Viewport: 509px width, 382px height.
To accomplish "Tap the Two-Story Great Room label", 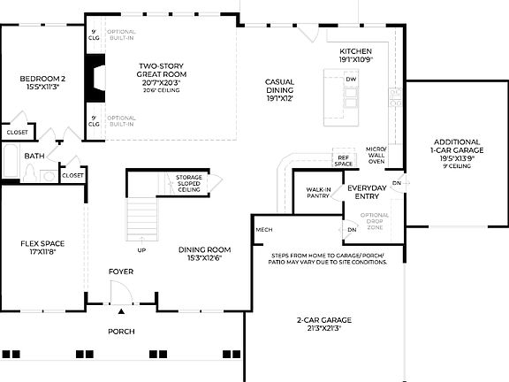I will tap(160, 74).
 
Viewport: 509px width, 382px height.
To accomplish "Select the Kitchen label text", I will tap(356, 57).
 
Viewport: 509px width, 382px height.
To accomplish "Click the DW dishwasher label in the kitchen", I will tap(351, 80).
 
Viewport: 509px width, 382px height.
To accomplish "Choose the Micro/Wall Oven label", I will tap(376, 155).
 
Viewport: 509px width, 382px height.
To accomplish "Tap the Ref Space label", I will tap(343, 162).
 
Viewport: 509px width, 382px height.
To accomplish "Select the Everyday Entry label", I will tap(368, 192).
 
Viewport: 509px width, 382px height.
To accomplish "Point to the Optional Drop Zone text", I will tap(375, 221).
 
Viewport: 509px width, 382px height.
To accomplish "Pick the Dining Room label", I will tap(205, 254).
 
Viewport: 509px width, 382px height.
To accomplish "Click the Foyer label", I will tap(121, 271).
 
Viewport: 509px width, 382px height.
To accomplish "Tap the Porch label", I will tap(122, 332).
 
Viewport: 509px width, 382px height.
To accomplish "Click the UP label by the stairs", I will tap(141, 249).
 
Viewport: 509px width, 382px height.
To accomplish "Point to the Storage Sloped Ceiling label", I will tap(188, 183).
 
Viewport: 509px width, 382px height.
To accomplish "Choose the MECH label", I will tap(263, 230).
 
